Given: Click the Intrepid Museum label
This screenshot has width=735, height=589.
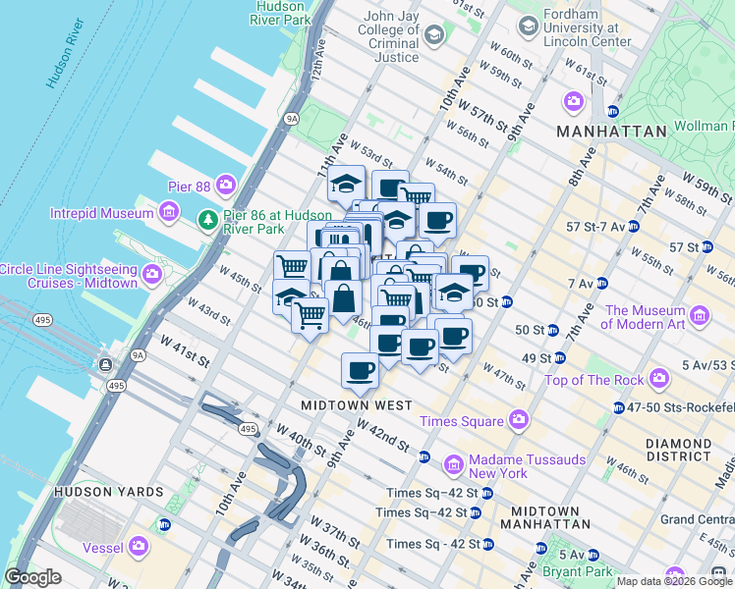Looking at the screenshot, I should coord(101,212).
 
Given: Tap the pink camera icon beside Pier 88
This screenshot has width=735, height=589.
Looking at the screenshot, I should coord(227,184).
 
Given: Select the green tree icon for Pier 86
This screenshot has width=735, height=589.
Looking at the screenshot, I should coord(207,218).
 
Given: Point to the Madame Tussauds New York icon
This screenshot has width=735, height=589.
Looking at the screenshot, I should coord(454,461).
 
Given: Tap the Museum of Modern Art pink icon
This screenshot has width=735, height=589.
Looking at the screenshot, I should coord(700,316).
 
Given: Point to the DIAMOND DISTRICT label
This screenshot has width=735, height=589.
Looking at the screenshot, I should coord(678,450).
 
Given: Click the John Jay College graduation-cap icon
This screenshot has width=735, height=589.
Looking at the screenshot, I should coord(433,35).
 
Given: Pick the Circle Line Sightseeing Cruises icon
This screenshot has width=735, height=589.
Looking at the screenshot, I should coord(152,276).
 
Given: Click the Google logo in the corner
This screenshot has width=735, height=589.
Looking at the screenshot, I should coord(32,577).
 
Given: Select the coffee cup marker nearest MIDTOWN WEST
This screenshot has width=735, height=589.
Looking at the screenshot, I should coord(360,371).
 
